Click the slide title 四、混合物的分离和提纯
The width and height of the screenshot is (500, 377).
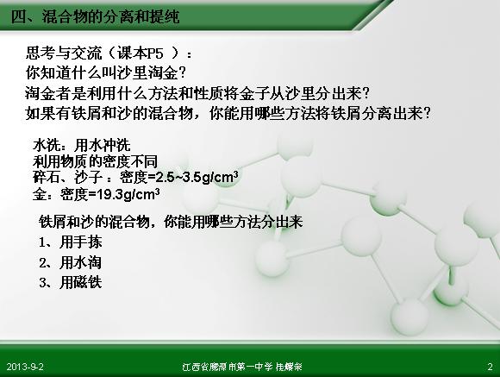pos(95,16)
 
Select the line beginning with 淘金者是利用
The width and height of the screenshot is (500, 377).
pos(197,93)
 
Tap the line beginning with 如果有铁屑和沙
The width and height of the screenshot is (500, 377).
pos(228,113)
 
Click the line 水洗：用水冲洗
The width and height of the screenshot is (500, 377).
pos(82,145)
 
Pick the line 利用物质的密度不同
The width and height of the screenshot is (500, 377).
pos(95,161)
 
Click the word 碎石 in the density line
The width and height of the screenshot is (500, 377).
pos(47,178)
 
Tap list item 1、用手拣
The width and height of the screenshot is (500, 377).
pos(71,242)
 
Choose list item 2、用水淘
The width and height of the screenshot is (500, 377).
pos(71,263)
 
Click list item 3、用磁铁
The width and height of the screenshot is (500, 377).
pos(71,282)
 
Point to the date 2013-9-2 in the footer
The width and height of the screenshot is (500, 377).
pos(25,367)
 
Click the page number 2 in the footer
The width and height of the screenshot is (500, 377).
pos(490,367)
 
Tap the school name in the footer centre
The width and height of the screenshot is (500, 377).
pos(242,367)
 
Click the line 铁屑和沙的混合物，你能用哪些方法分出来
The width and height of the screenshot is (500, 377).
pos(171,222)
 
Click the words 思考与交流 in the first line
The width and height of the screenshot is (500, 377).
pos(64,53)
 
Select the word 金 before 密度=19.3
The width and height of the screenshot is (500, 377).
pos(39,194)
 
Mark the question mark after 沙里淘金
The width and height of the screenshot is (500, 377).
pos(182,73)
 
